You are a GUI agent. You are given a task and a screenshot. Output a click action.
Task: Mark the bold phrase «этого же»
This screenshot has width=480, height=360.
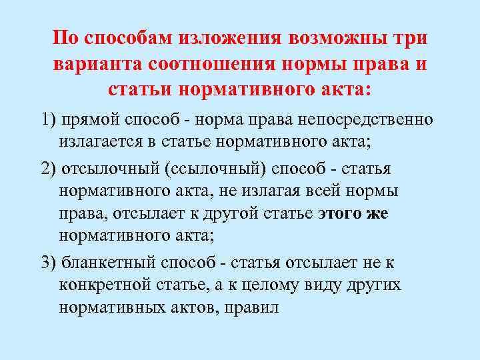click(x=353, y=214)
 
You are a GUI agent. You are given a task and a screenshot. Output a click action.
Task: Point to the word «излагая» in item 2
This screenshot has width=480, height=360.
click(x=249, y=191)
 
